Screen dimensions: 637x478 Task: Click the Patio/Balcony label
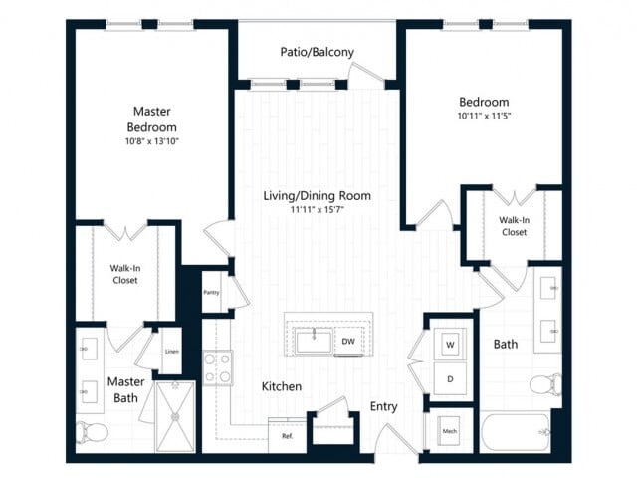click(317, 52)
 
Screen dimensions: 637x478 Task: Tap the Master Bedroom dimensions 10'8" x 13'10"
click(152, 141)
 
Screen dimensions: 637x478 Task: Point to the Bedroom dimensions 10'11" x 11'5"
click(484, 116)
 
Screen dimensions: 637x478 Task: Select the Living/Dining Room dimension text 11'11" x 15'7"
click(317, 210)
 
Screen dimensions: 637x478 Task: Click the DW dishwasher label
click(348, 342)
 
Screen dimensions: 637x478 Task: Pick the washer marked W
click(450, 345)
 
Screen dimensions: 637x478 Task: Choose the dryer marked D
click(450, 378)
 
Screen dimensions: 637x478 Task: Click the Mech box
click(449, 431)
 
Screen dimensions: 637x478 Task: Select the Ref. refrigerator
click(287, 436)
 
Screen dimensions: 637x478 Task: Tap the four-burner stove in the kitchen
click(218, 367)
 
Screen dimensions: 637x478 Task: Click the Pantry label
click(211, 292)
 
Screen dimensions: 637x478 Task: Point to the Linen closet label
click(172, 352)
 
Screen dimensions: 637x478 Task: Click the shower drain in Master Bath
click(175, 416)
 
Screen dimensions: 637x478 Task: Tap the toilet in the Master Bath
click(92, 432)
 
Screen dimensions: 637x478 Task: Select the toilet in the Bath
click(546, 383)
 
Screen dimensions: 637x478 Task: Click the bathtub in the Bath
click(516, 432)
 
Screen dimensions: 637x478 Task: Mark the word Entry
click(383, 407)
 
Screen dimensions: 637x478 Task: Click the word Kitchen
click(282, 386)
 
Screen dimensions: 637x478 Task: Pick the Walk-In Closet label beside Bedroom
click(514, 226)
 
